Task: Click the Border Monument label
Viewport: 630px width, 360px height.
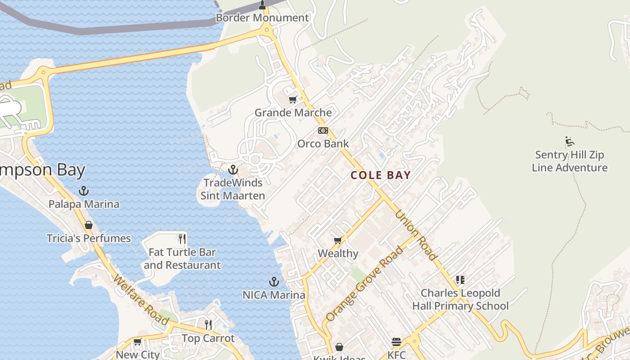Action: (x=262, y=18)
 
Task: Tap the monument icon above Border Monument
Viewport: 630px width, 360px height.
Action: (x=262, y=5)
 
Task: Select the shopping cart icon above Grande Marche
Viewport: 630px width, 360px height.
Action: (x=293, y=99)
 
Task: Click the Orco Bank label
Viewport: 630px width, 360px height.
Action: (x=323, y=144)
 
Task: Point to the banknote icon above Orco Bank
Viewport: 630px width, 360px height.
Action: (x=323, y=130)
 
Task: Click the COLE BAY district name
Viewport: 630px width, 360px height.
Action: (x=381, y=175)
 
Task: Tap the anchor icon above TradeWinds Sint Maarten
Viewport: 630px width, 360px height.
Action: (x=233, y=170)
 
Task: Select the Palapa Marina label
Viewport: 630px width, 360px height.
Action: (x=84, y=204)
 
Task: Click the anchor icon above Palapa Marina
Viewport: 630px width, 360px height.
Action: (x=84, y=191)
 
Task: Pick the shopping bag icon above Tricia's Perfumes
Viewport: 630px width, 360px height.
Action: (x=89, y=225)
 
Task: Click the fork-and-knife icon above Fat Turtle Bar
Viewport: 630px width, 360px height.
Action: (x=182, y=238)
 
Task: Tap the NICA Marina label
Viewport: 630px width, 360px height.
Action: (x=274, y=296)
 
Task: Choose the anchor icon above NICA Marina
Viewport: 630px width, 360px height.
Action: (x=274, y=282)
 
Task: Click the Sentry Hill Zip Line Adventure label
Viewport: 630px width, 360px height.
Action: (x=570, y=162)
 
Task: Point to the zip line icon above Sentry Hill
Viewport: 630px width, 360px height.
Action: (x=570, y=141)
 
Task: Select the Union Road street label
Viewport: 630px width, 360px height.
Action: (x=416, y=235)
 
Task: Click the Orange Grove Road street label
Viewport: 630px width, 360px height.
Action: (x=364, y=284)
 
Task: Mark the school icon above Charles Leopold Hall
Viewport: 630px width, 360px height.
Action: (x=460, y=280)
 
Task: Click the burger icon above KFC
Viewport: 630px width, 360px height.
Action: (x=396, y=342)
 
